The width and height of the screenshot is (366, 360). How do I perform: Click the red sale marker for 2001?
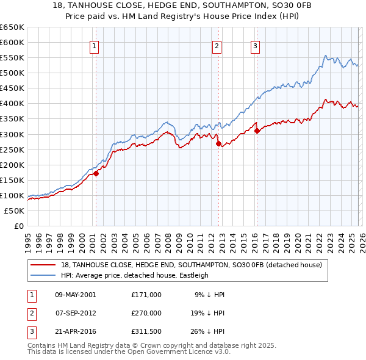click(96, 173)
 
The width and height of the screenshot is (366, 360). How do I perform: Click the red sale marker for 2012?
click(218, 143)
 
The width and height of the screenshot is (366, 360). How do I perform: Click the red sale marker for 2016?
click(257, 131)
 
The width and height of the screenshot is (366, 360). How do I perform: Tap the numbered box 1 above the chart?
click(96, 45)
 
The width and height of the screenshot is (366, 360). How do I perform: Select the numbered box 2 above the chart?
click(217, 45)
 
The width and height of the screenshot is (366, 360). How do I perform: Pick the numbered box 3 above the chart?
click(255, 45)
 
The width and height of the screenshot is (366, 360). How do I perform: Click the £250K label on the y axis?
click(12, 149)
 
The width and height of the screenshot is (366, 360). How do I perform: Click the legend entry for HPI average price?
click(134, 275)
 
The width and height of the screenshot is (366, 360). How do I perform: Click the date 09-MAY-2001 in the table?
click(76, 295)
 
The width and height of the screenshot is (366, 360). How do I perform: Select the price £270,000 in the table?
click(146, 313)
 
